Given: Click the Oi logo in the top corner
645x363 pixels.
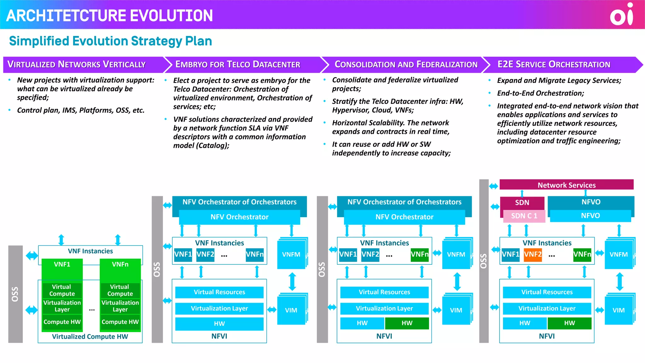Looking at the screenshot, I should (x=621, y=14).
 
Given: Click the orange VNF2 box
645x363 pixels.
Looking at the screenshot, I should (x=533, y=254).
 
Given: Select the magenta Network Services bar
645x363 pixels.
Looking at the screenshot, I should (x=566, y=185).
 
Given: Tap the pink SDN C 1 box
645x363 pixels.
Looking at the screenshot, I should (x=524, y=216).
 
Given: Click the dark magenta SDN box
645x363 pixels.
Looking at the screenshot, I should (x=522, y=202).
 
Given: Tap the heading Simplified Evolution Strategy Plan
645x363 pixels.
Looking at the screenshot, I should (x=111, y=41).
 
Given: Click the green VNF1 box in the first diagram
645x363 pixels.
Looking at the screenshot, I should (x=62, y=265).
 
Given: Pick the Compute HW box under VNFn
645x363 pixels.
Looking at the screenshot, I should (x=120, y=322).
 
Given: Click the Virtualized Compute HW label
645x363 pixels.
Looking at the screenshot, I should (x=90, y=337).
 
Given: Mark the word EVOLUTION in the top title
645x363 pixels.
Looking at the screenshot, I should (x=171, y=16).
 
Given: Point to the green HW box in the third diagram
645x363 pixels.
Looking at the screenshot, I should (x=407, y=323).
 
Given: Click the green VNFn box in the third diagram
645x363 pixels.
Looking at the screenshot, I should (x=420, y=254).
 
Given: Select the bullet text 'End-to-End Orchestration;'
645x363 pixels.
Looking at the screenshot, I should (x=540, y=93).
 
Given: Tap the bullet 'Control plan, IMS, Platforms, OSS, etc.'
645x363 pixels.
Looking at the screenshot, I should (x=81, y=110).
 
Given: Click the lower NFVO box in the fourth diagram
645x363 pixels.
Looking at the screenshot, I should (x=590, y=216).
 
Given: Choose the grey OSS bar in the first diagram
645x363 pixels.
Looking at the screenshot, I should (x=15, y=294).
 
